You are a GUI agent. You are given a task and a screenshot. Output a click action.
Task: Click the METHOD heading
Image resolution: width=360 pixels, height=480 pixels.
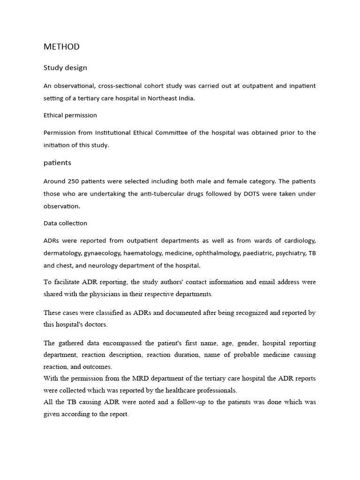pyautogui.click(x=61, y=47)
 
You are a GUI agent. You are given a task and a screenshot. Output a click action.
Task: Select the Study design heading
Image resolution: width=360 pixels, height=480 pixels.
pyautogui.click(x=65, y=68)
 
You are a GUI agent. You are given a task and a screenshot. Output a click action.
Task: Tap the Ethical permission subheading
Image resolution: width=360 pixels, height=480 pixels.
pyautogui.click(x=70, y=115)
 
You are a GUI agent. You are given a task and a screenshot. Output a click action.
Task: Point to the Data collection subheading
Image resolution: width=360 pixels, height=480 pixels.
pyautogui.click(x=65, y=224)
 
